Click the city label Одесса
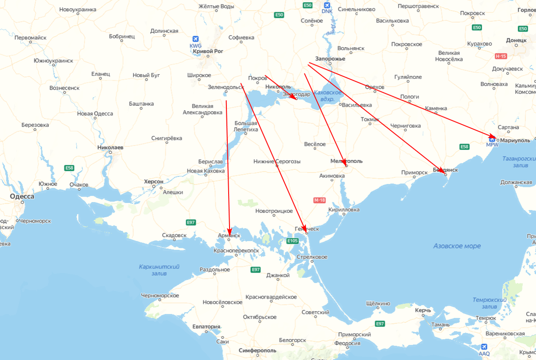22,197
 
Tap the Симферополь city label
258,351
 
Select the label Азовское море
457,246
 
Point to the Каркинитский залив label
159,270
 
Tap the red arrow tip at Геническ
306,232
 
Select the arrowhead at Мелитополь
345,163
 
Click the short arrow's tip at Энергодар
295,98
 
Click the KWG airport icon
196,39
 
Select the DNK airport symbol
327,5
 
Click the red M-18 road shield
319,200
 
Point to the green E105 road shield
293,241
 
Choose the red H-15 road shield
500,56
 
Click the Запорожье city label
330,58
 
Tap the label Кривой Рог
208,51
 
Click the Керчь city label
423,310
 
